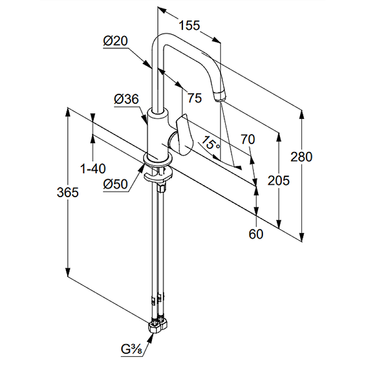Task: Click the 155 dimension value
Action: point(190,26)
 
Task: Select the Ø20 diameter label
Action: point(115,41)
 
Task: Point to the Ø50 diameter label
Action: point(115,184)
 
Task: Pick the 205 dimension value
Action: point(279,180)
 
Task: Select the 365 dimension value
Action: point(68,193)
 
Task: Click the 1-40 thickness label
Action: point(93,169)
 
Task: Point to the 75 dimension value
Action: point(194,98)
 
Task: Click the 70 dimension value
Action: point(248,140)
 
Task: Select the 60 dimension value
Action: point(256,234)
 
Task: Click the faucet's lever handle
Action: point(183,135)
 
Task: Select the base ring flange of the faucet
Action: point(158,160)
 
